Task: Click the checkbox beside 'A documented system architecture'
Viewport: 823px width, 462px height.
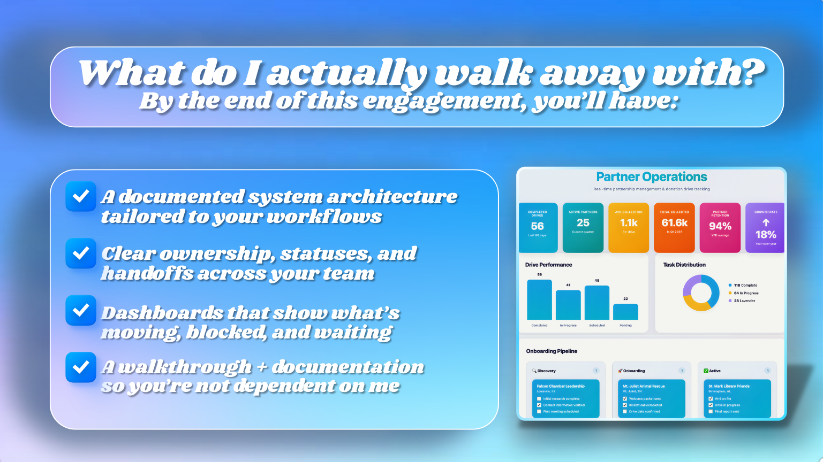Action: point(81,196)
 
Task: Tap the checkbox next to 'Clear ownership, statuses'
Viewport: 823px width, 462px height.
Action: point(81,253)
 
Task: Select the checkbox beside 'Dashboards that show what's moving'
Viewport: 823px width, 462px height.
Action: point(81,310)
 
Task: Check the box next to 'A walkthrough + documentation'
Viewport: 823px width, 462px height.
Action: point(81,367)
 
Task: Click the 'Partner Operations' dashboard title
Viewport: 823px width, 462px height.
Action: point(651,177)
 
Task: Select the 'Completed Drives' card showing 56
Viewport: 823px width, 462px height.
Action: point(538,227)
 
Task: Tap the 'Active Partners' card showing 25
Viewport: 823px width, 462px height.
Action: point(583,227)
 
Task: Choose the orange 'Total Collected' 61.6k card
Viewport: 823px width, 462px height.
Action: point(674,227)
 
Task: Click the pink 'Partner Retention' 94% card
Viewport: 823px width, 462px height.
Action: point(720,227)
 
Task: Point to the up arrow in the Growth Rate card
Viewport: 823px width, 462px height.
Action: point(766,222)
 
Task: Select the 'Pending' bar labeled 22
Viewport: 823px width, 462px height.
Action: point(625,312)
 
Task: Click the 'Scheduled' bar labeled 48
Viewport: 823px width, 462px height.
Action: point(597,303)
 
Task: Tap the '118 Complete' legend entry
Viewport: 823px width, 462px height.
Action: point(745,286)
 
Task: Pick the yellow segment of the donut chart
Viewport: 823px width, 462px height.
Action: point(694,305)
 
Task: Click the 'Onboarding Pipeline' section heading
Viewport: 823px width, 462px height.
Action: point(552,351)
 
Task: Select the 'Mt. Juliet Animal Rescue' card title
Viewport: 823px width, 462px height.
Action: point(644,386)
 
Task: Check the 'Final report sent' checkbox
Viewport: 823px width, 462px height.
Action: point(711,412)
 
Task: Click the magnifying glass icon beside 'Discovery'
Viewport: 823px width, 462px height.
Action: point(534,371)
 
